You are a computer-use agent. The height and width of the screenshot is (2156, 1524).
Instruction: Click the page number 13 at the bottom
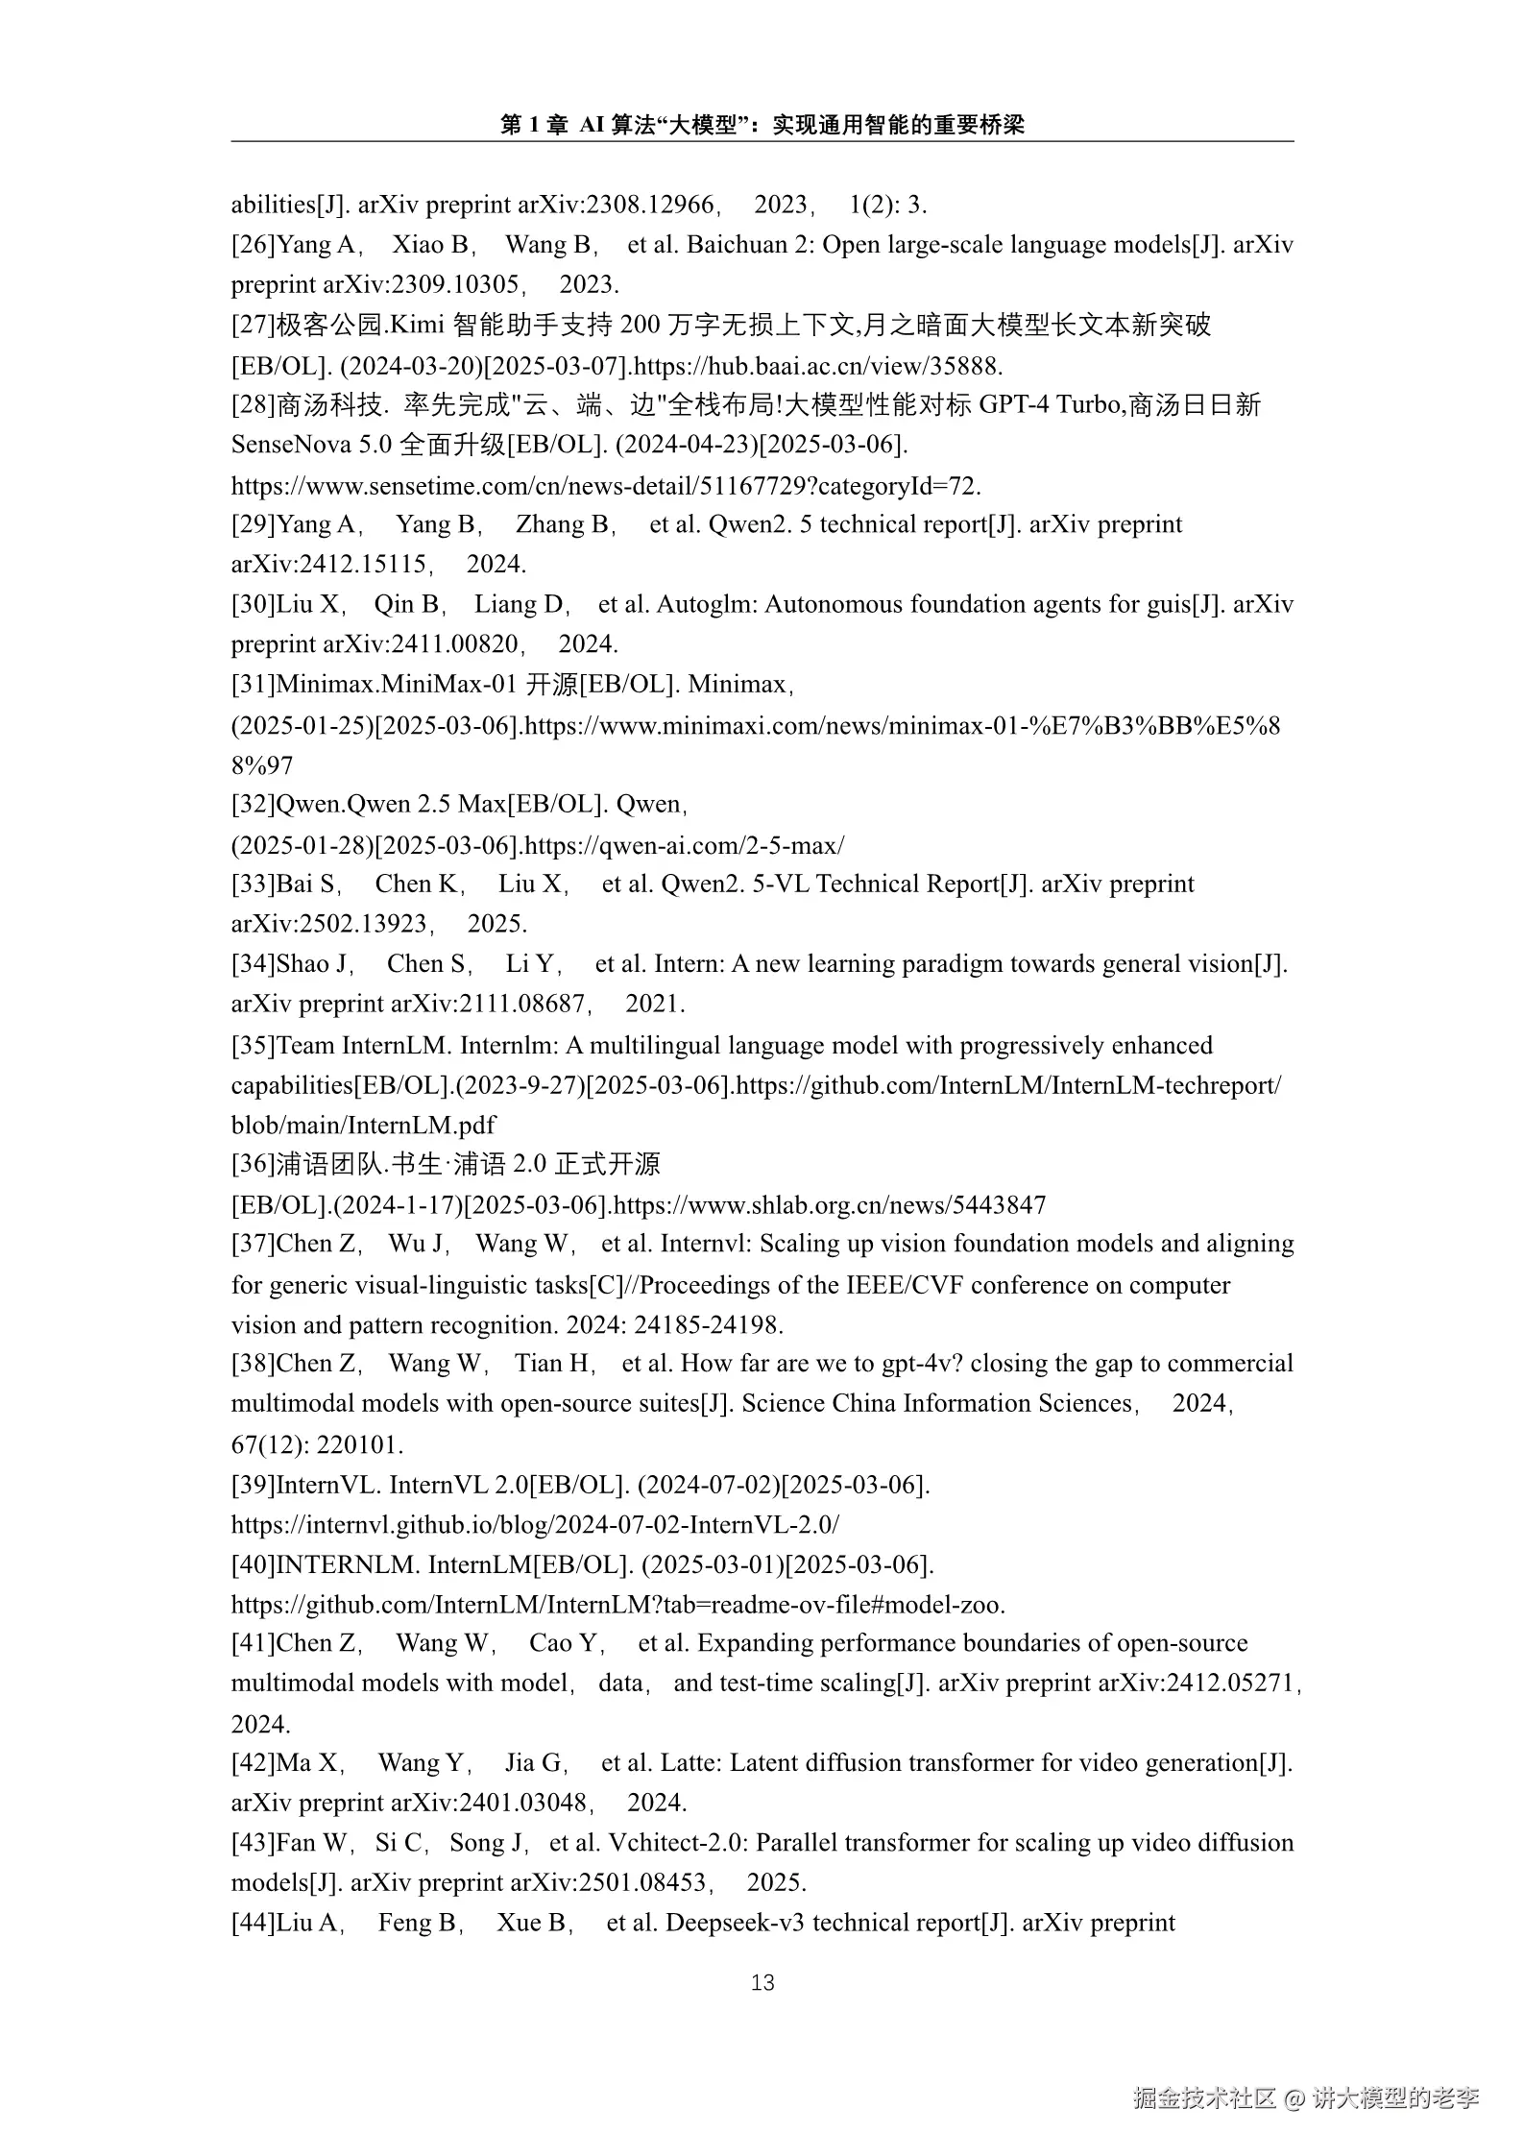pos(762,1982)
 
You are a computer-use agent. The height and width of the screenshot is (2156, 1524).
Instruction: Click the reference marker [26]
pos(254,245)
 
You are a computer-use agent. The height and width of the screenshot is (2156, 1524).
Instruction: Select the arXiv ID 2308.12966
pos(649,205)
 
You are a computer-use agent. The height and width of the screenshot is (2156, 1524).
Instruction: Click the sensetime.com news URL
pos(605,486)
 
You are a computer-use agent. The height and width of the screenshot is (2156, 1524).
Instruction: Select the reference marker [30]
pos(254,604)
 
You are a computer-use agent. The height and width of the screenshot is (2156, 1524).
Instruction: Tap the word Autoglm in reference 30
pos(709,604)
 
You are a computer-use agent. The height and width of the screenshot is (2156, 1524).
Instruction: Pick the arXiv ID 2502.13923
pos(363,924)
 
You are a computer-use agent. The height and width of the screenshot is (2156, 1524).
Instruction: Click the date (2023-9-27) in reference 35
pos(520,1085)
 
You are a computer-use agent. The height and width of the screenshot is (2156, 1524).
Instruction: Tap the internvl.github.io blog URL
pos(535,1524)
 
